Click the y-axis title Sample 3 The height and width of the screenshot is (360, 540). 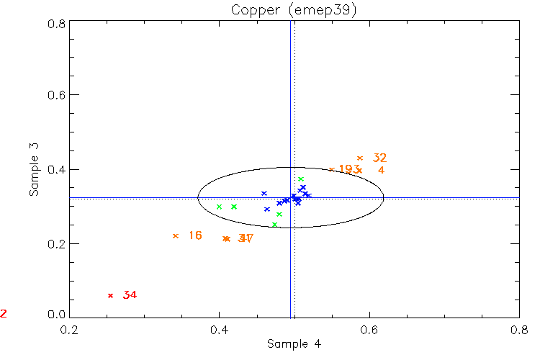point(34,170)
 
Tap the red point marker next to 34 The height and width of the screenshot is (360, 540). point(110,295)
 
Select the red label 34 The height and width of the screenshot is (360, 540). point(130,295)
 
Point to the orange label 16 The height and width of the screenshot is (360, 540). point(194,235)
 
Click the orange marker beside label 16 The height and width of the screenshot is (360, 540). point(175,235)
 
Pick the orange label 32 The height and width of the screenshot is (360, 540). point(379,158)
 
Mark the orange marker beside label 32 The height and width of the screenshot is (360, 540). point(360,158)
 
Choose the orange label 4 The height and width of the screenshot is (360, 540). point(381,171)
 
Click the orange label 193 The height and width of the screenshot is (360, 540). point(349,169)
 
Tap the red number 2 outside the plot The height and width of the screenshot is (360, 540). point(4,314)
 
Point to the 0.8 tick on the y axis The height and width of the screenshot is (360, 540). point(58,23)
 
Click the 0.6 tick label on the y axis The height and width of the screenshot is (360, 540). point(58,95)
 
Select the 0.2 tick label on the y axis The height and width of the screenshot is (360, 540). point(58,243)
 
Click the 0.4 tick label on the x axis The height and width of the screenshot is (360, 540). point(219,329)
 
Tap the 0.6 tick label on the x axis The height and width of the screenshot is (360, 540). point(369,329)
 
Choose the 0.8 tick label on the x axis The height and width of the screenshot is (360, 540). point(518,329)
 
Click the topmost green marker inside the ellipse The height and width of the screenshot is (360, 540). point(301,179)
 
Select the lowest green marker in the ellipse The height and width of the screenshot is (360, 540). point(274,225)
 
